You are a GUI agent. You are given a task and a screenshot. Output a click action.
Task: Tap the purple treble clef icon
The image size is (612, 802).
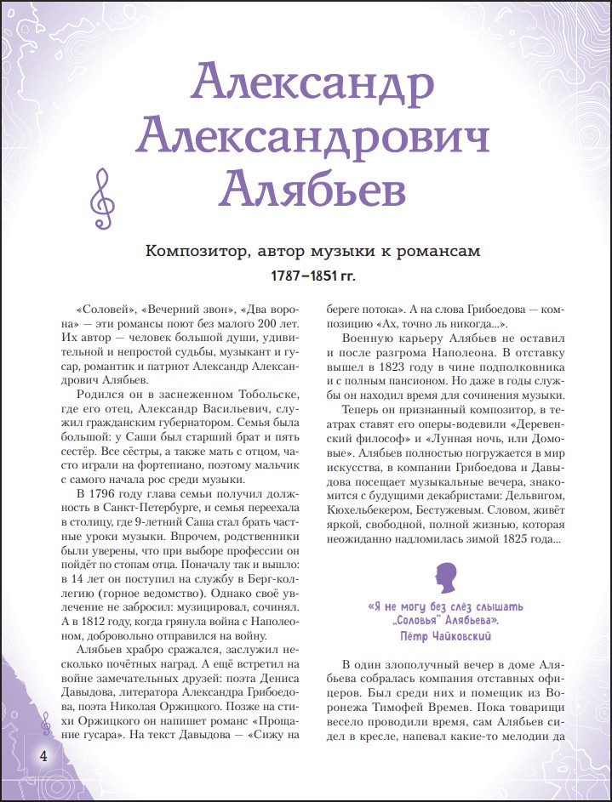click(x=101, y=198)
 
